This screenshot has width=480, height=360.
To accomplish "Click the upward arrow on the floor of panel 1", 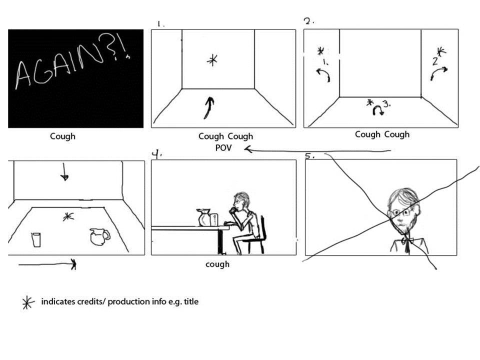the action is tap(209, 108).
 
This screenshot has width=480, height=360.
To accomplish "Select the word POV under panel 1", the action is tap(223, 148).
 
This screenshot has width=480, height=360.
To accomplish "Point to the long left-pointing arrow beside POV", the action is tap(318, 150).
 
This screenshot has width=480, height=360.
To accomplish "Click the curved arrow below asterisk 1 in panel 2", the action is tap(324, 74).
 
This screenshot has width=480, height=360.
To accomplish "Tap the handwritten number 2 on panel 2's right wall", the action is tap(435, 61).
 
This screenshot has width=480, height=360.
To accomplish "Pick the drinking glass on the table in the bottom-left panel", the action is tap(36, 239).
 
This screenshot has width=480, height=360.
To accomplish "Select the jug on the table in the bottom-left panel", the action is tap(99, 236).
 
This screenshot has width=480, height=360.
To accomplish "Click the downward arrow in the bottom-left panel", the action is tap(64, 171).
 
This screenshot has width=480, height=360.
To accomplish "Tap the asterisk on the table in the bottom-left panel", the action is tap(68, 216).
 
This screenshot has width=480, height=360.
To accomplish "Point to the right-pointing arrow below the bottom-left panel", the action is tap(47, 264).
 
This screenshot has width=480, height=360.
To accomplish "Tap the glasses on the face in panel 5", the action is tap(400, 212).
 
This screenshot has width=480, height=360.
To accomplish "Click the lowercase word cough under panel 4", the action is tap(217, 264).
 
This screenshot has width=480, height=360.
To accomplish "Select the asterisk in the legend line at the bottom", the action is tap(27, 303).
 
